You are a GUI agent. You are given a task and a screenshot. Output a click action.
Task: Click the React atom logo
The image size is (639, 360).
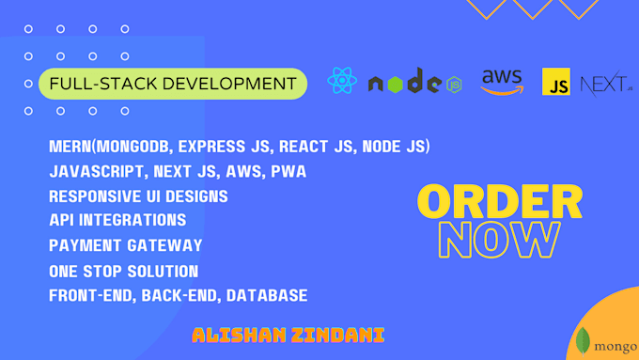[x=342, y=81]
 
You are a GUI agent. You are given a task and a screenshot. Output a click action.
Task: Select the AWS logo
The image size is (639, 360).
[x=501, y=82]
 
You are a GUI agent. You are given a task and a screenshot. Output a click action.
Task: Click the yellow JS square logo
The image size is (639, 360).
[x=555, y=82]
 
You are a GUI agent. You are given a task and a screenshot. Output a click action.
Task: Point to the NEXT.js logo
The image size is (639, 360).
[x=605, y=84]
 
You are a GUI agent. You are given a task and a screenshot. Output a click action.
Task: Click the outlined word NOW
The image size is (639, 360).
[x=500, y=241]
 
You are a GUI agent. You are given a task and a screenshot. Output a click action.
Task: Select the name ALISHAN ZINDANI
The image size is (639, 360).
[x=288, y=335]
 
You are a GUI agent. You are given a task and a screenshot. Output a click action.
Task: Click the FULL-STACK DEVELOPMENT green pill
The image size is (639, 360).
[x=173, y=84]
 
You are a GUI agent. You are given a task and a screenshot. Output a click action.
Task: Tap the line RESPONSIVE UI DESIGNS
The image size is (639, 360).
[x=138, y=196]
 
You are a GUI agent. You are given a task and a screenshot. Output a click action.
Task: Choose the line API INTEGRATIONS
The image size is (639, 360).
[x=117, y=221]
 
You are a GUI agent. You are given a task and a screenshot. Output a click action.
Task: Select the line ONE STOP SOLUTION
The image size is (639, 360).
[x=123, y=271]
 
